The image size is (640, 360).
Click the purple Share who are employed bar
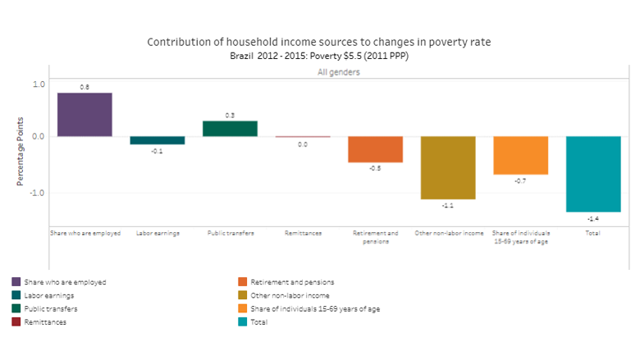(85, 115)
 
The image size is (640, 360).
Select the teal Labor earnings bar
(157, 140)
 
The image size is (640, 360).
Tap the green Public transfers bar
(230, 129)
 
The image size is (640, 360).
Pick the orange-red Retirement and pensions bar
(375, 149)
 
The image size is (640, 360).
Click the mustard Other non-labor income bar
(448, 167)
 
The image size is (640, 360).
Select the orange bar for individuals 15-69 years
(520, 155)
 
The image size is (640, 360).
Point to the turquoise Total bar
(593, 174)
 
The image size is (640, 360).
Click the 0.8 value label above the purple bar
(85, 86)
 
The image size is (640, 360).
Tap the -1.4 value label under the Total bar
(593, 219)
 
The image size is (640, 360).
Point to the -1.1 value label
(448, 206)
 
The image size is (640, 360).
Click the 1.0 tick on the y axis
(39, 84)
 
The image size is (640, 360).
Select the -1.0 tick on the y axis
(37, 193)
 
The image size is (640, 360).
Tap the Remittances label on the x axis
(302, 234)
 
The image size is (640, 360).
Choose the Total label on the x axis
(593, 234)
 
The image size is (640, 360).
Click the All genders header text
(339, 72)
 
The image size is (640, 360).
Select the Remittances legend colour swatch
(16, 322)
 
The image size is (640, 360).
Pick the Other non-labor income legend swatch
(243, 295)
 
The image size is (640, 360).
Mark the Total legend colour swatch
(243, 322)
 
